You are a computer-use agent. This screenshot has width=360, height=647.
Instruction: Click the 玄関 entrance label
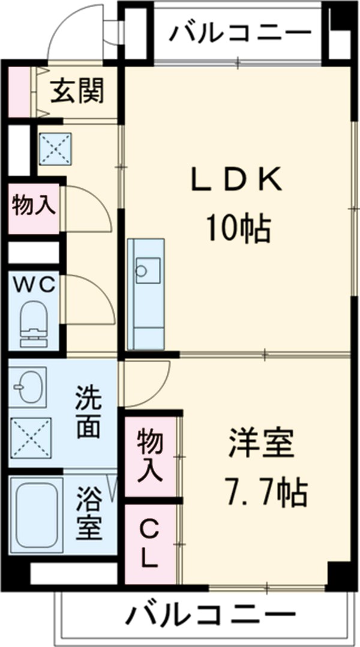click(x=77, y=91)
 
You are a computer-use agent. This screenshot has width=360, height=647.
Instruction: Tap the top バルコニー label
click(x=240, y=33)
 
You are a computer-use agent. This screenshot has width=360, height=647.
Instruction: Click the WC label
click(x=35, y=284)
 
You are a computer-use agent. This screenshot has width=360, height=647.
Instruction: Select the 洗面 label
click(x=88, y=413)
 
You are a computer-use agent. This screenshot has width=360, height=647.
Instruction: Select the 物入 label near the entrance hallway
click(x=34, y=205)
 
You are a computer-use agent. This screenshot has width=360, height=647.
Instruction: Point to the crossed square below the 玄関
click(x=55, y=147)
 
